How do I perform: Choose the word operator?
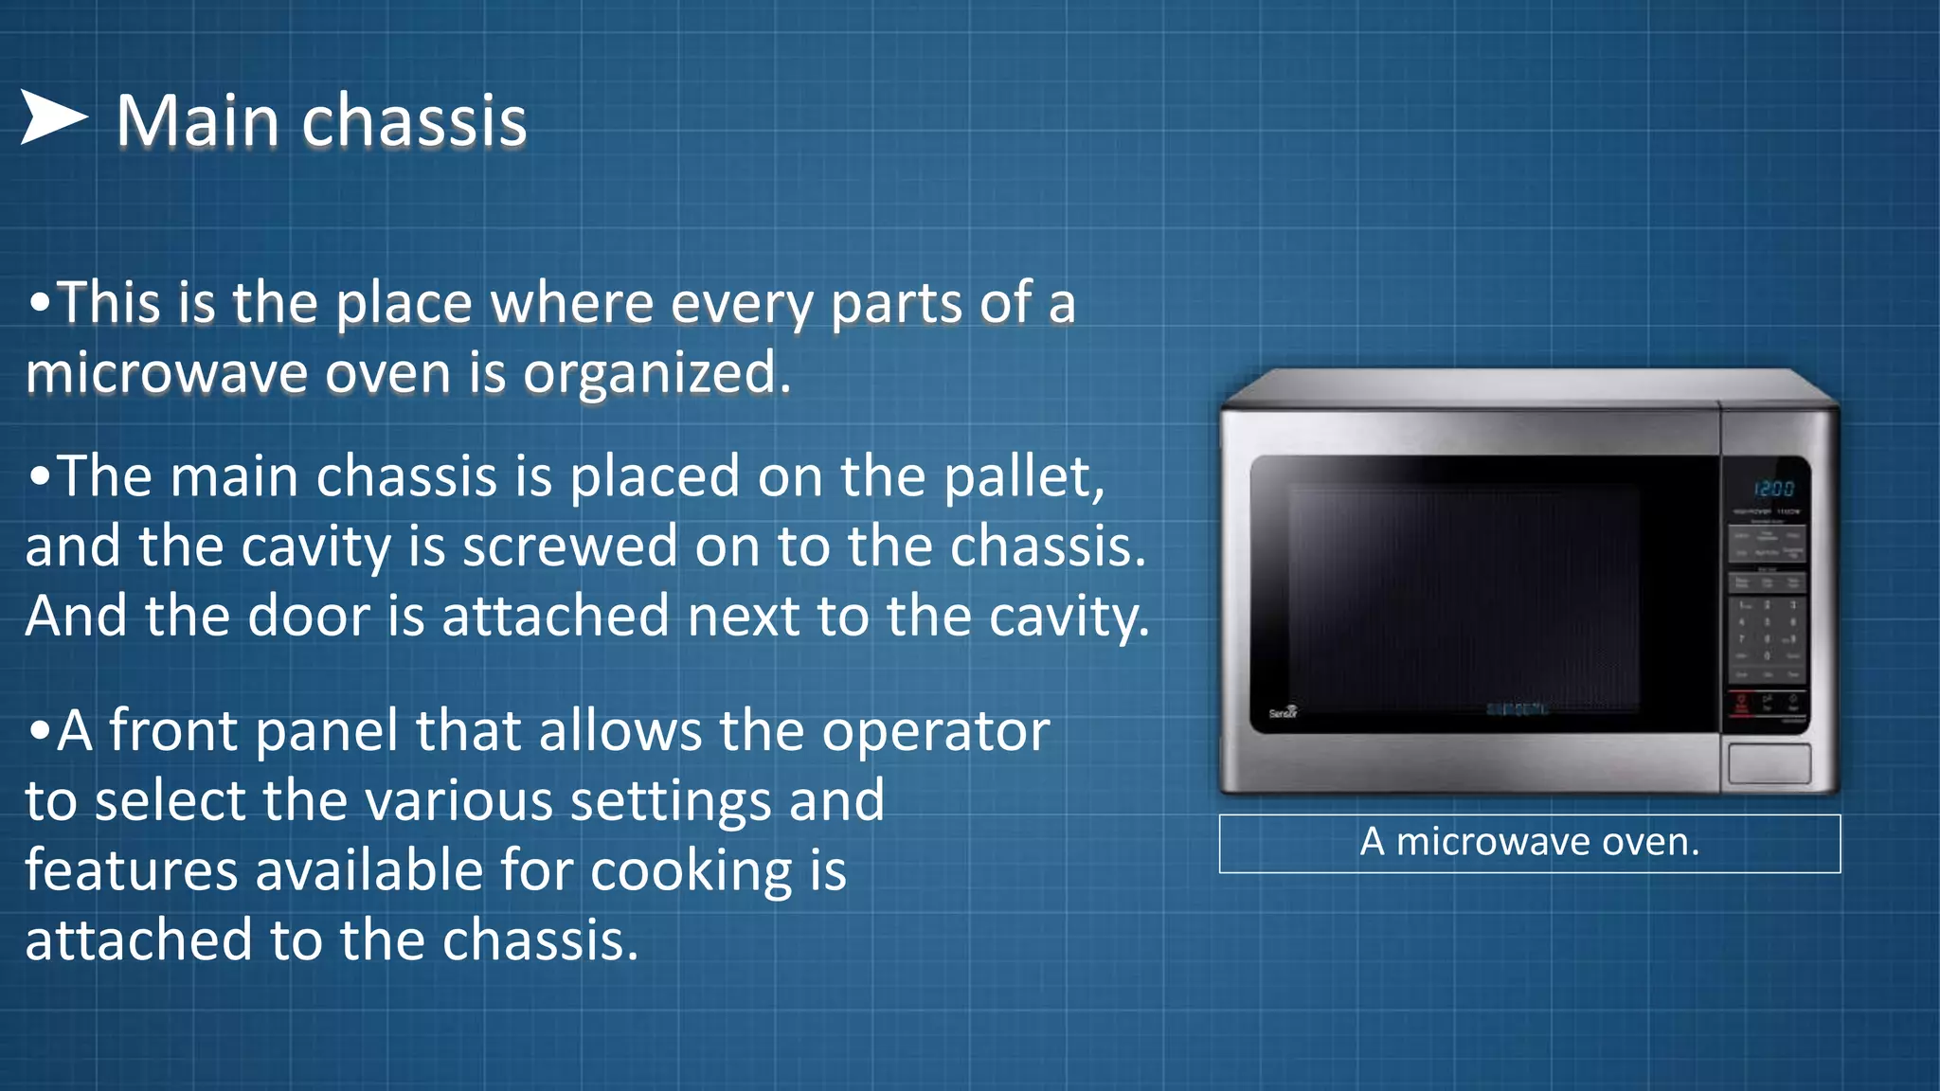click(935, 731)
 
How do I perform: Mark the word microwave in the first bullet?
click(167, 373)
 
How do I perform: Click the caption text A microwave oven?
click(1529, 842)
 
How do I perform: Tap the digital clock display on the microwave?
click(1773, 489)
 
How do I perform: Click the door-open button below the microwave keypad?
click(1769, 763)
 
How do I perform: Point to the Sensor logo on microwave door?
click(1284, 712)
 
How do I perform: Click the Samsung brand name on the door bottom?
click(1516, 709)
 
